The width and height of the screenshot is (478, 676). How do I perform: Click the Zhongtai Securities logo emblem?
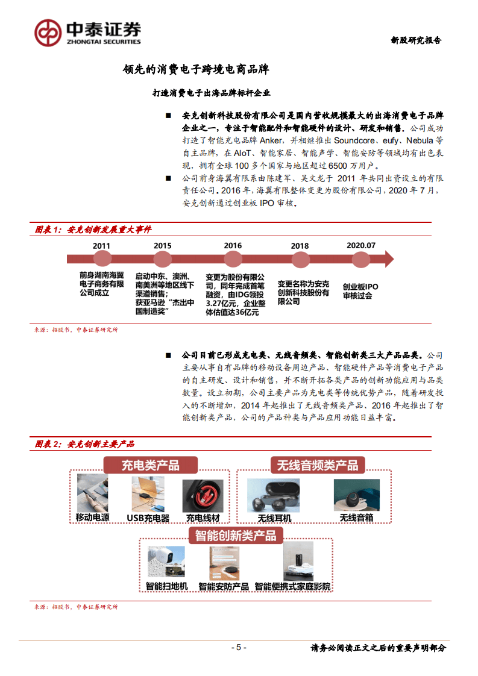coord(48,32)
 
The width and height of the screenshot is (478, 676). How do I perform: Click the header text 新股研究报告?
coord(416,40)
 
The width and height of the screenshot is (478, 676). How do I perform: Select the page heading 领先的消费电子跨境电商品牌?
coord(195,69)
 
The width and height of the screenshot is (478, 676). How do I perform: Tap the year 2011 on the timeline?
coord(101,246)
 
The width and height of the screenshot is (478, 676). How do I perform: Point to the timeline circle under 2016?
coord(233,259)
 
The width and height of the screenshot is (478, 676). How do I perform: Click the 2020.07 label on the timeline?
coord(361,246)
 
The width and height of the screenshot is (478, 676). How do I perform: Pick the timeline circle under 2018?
coord(300,259)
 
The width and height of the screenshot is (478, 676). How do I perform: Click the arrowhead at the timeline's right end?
coord(388,259)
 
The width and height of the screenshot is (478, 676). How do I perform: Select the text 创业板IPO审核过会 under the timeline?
coord(360,291)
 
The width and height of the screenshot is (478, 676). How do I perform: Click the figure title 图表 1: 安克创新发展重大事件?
coord(93,230)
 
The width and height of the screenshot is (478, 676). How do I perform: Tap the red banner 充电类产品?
coord(150,465)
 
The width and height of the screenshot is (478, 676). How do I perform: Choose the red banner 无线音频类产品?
coord(317,465)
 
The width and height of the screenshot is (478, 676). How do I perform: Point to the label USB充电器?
coord(148,518)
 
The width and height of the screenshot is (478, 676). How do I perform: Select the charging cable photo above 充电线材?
coord(203,496)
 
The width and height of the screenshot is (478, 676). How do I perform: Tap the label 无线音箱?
coord(356,518)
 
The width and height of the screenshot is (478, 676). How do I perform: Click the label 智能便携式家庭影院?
coord(292,586)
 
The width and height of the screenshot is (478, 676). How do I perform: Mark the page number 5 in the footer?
coord(239,648)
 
